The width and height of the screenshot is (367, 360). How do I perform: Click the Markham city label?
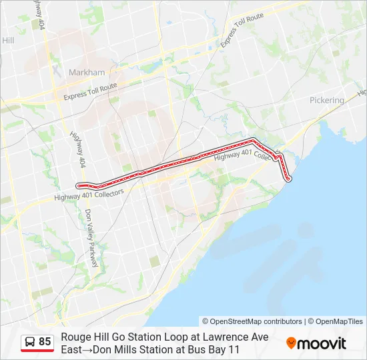(x=87, y=72)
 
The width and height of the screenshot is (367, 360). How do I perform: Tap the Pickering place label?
(x=327, y=100)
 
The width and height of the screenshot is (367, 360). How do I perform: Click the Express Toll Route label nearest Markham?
(x=90, y=92)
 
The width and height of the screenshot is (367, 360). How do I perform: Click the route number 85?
(x=45, y=342)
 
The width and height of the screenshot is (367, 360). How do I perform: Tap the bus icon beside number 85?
(x=30, y=342)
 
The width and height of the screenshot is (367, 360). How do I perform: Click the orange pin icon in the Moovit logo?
(x=291, y=343)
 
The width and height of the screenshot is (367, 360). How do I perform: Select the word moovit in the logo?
(x=322, y=343)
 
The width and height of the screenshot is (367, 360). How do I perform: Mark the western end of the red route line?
(x=79, y=185)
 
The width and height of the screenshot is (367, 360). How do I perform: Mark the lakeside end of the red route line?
(x=288, y=179)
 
